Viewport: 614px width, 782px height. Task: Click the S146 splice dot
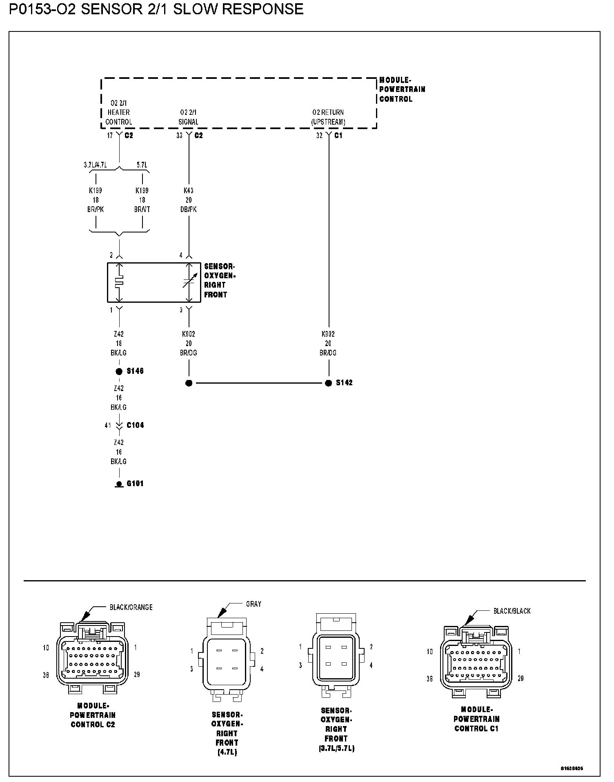point(119,371)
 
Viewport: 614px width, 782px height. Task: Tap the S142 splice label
point(344,383)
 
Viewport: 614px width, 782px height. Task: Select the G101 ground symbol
point(119,484)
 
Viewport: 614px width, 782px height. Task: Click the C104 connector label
point(135,425)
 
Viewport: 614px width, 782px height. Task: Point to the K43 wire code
point(188,190)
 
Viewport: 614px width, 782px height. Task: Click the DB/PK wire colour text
point(188,210)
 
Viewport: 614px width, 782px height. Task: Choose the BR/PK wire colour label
point(96,210)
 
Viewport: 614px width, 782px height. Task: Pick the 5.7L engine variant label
point(142,165)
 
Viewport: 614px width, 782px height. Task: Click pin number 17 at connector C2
point(110,136)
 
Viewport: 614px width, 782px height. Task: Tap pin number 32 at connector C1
point(319,136)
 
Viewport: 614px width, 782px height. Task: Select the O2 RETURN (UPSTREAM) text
point(328,117)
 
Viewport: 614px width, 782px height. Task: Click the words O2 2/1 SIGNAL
point(188,117)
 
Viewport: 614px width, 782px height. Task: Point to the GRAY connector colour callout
point(254,604)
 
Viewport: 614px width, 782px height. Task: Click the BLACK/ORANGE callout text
point(131,607)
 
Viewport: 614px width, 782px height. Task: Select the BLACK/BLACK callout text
point(512,611)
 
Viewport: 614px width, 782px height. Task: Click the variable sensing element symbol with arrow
point(189,282)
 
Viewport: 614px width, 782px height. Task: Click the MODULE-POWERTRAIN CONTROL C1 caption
point(476,719)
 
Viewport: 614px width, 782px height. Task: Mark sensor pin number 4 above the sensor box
point(181,255)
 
